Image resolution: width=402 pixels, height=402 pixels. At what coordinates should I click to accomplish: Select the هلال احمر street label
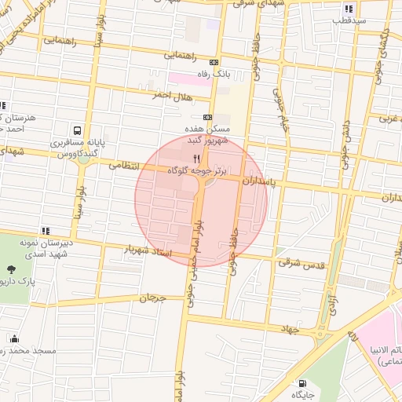(x=171, y=96)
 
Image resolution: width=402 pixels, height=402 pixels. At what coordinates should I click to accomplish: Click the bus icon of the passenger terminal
(x=77, y=130)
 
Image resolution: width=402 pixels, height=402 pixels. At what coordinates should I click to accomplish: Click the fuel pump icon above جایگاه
(x=302, y=384)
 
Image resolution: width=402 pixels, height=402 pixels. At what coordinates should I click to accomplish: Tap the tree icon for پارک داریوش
(x=10, y=269)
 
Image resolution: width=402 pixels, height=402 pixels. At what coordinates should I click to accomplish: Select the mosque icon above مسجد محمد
(x=14, y=338)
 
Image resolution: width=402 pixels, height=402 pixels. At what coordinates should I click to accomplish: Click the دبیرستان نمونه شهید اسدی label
(x=53, y=249)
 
